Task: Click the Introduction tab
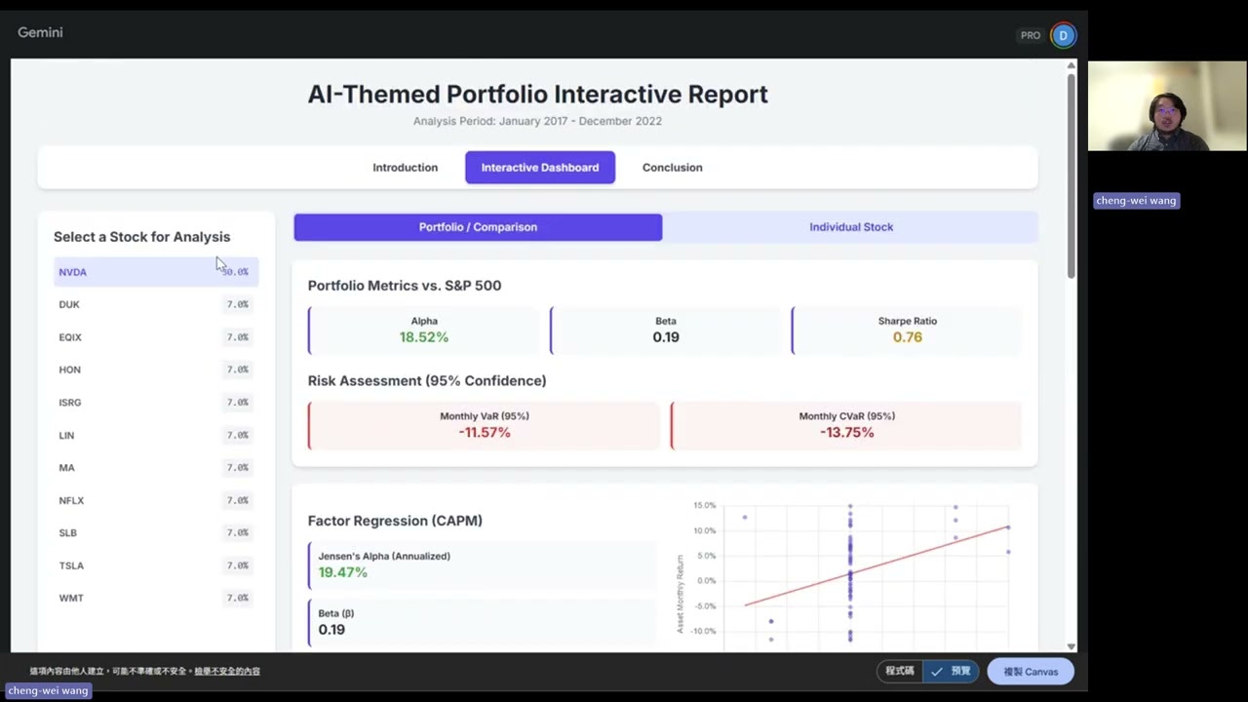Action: tap(405, 168)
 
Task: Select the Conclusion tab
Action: tap(672, 168)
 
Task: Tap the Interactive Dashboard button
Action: tap(539, 168)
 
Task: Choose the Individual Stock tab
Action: tap(850, 227)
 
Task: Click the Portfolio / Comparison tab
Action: tap(478, 227)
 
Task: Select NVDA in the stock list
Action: tap(73, 272)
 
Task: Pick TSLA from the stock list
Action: tap(71, 565)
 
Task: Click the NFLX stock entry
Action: tap(71, 500)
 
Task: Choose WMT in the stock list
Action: tap(71, 598)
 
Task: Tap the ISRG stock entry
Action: tap(70, 403)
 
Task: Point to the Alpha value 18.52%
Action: tap(424, 337)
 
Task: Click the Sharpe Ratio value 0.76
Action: tap(907, 337)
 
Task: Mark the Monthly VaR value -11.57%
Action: tap(485, 432)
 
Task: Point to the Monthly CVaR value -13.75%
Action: tap(846, 432)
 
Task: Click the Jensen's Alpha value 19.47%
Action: tap(343, 572)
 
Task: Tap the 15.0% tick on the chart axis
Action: tap(704, 505)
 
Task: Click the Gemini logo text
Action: tap(40, 32)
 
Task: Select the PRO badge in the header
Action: tap(1031, 35)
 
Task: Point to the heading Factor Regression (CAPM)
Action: tap(395, 521)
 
